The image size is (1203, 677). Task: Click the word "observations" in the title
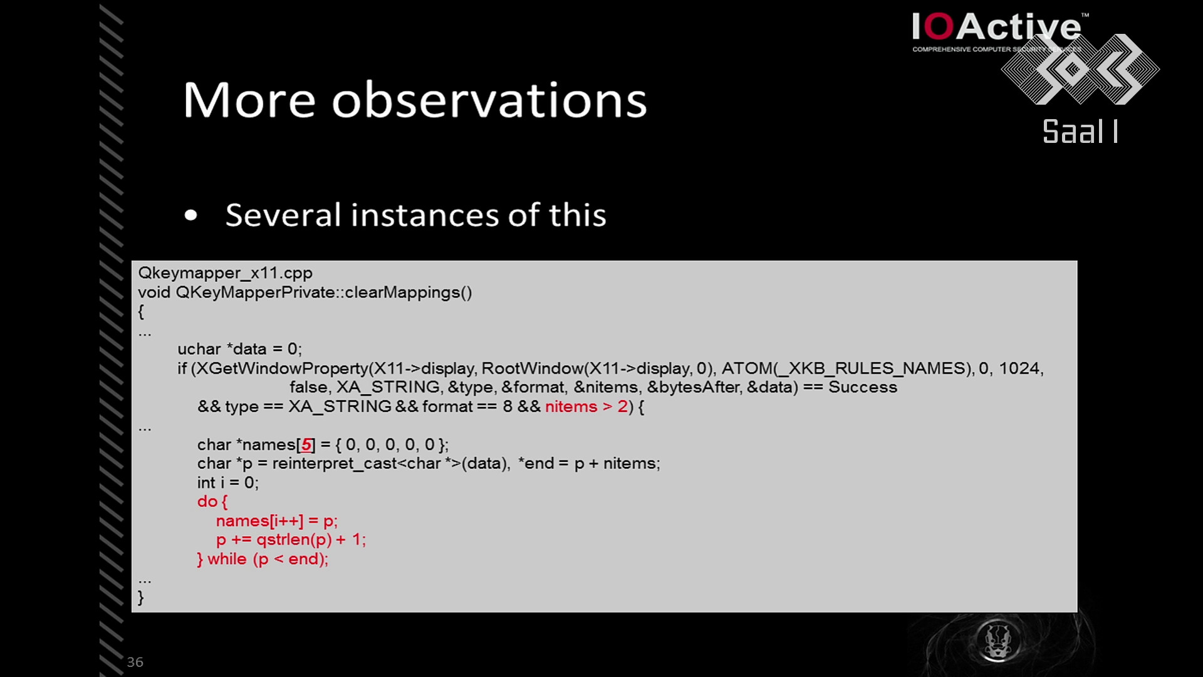coord(489,100)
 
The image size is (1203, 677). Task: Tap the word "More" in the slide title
coord(249,100)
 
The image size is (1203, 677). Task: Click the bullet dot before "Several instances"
coord(191,216)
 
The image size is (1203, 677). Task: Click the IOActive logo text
coord(996,28)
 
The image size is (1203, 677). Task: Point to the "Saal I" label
coord(1080,132)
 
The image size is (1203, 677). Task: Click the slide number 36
coord(135,662)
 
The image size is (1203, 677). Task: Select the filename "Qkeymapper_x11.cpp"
coord(226,273)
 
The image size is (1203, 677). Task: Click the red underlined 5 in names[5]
coord(306,445)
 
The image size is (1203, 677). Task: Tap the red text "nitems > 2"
coord(586,407)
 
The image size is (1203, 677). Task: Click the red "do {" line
coord(212,501)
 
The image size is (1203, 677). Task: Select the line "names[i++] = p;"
coord(277,521)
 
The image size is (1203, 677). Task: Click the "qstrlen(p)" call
coord(294,540)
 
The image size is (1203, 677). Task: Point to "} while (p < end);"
coord(263,559)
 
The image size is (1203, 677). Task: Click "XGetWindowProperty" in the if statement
coord(280,369)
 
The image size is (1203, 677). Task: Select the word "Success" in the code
coord(863,387)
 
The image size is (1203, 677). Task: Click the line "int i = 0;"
coord(228,483)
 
